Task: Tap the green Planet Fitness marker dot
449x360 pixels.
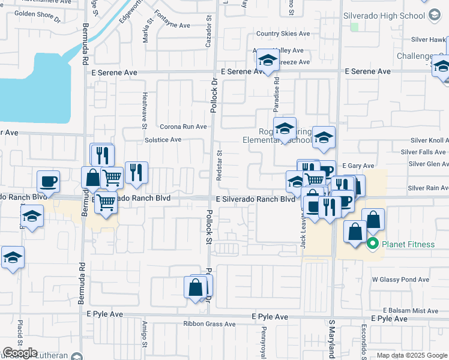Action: click(372, 244)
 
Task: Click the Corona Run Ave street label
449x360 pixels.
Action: click(183, 127)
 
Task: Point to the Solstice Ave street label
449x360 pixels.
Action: click(163, 140)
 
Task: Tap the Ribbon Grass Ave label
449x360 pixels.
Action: click(209, 324)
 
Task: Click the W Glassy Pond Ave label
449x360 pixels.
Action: click(400, 280)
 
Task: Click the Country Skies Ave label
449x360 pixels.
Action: click(283, 34)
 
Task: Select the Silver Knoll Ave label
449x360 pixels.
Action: click(429, 140)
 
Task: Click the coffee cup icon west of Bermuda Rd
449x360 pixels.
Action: click(48, 181)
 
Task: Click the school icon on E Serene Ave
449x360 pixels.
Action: click(267, 61)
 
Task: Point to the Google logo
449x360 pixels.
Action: click(19, 353)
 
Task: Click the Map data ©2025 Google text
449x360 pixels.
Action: click(412, 355)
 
